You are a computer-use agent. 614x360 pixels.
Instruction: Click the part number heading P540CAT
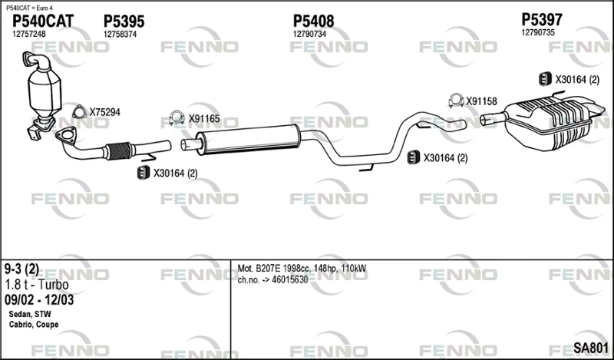[x=43, y=21]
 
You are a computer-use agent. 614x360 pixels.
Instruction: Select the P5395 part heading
[x=124, y=21]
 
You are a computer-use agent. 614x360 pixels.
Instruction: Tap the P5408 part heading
[x=313, y=21]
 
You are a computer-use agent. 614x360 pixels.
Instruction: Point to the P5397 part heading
[x=542, y=19]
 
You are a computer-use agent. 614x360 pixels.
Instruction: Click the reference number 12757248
[x=29, y=34]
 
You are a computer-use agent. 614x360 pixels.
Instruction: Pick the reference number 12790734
[x=309, y=34]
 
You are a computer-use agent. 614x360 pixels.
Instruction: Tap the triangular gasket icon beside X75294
[x=80, y=112]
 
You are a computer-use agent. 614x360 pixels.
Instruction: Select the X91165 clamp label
[x=204, y=119]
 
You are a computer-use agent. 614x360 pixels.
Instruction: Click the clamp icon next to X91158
[x=456, y=101]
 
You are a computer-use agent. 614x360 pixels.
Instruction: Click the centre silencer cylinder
[x=248, y=139]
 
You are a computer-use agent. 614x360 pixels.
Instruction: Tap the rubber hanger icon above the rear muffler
[x=545, y=79]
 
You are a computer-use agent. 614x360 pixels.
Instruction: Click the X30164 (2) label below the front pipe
[x=175, y=173]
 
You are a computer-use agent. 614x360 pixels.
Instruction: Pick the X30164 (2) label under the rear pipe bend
[x=445, y=158]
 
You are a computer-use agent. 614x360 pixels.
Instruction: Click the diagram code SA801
[x=591, y=347]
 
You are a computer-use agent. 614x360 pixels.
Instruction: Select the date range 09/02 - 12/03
[x=39, y=300]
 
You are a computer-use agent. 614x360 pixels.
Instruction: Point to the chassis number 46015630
[x=290, y=279]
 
